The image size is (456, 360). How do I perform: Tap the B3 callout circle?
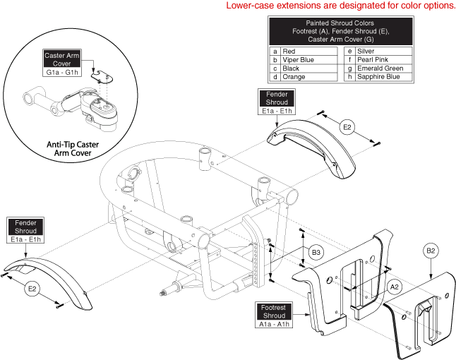pos(317,251)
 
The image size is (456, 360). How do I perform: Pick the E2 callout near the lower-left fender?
pos(32,288)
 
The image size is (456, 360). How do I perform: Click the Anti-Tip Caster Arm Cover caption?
pos(64,150)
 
